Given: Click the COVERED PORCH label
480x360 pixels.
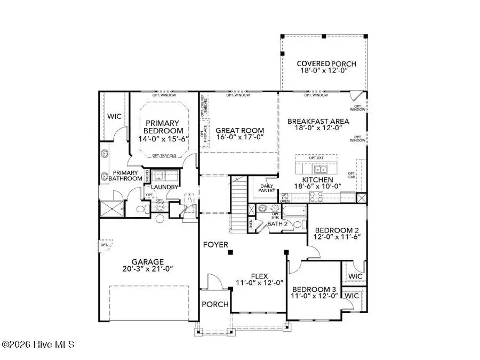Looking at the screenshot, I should pyautogui.click(x=326, y=64).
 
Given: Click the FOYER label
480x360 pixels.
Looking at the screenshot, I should pyautogui.click(x=215, y=245).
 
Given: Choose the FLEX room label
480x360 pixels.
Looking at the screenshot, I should pyautogui.click(x=259, y=275).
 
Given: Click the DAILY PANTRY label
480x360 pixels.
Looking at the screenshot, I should pyautogui.click(x=267, y=188).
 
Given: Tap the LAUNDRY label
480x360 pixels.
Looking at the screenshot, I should pyautogui.click(x=163, y=187).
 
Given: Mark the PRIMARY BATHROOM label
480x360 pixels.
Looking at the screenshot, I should pyautogui.click(x=125, y=175).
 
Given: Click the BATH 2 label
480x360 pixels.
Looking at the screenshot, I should pyautogui.click(x=278, y=224).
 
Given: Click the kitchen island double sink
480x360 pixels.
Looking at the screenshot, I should pyautogui.click(x=321, y=170).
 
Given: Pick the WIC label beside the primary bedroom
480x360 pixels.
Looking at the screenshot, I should pyautogui.click(x=115, y=116).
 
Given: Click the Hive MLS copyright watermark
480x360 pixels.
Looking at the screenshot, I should pyautogui.click(x=38, y=345).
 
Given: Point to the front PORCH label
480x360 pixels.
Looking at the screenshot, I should pyautogui.click(x=214, y=305).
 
